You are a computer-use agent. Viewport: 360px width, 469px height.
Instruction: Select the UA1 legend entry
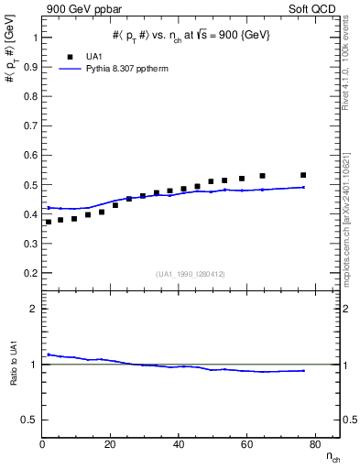[82, 55]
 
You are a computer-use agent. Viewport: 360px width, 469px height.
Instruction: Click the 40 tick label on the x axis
[179, 445]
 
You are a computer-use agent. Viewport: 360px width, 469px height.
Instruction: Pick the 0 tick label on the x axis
[42, 445]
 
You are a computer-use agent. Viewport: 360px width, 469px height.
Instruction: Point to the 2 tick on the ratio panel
[34, 310]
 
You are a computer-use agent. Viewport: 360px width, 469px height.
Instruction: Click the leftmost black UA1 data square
[49, 222]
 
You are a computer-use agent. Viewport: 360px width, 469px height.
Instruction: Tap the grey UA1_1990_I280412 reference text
[190, 275]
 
